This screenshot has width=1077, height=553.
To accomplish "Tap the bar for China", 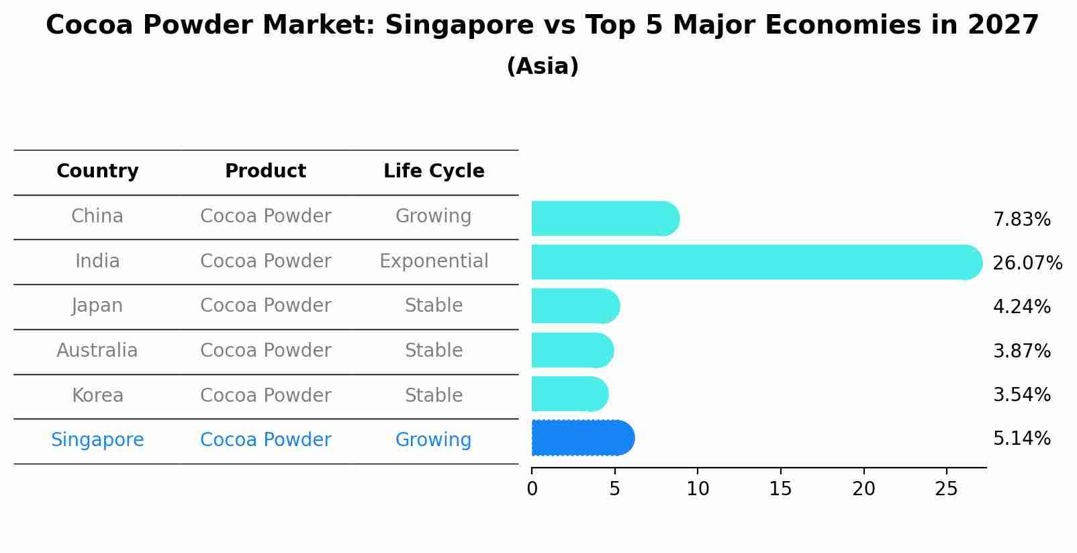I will [x=605, y=218].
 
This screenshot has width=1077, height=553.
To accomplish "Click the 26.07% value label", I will [x=1027, y=263].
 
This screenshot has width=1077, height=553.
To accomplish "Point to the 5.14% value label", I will [x=1021, y=439].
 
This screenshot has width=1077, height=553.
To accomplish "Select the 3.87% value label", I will [x=1021, y=351].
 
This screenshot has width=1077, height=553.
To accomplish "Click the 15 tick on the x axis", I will [x=781, y=489].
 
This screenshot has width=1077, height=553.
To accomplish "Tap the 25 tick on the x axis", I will [x=946, y=489].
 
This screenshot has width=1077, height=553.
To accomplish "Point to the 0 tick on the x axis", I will [x=532, y=489].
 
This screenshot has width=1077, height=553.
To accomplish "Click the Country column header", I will [x=97, y=171].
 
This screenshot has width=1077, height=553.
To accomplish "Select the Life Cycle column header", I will [x=434, y=171].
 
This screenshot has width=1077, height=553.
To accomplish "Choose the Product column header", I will [x=265, y=171].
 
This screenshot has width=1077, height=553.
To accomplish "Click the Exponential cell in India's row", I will [x=434, y=261].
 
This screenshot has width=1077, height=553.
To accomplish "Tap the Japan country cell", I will [x=97, y=306].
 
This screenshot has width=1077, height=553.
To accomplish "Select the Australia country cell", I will [x=97, y=351].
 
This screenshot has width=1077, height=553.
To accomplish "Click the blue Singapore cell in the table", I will [x=97, y=440].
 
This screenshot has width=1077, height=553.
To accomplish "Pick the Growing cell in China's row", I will [x=434, y=216].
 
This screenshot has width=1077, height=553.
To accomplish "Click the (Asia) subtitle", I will [x=543, y=67].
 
